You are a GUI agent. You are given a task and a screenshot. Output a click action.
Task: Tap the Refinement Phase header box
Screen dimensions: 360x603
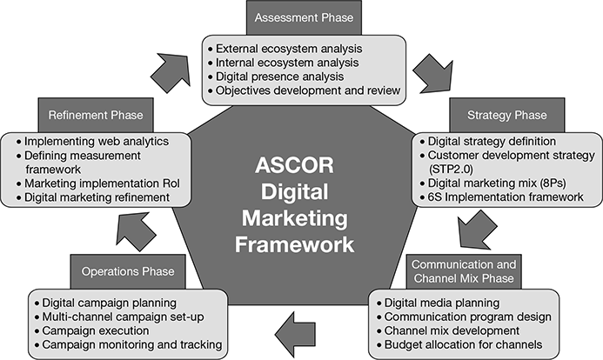coord(95,115)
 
